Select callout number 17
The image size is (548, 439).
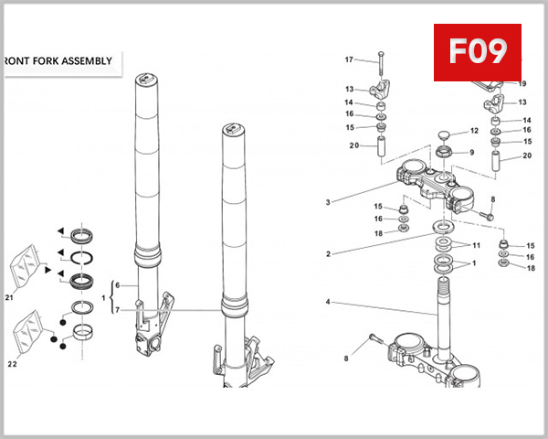coord(348,59)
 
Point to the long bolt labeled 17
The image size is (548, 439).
coord(381,70)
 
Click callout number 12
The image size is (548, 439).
coord(474,131)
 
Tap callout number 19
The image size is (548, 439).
coord(522,83)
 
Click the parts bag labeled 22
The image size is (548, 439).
coord(29,327)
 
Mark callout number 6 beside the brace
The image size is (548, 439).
coord(116,285)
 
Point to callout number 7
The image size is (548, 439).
coord(116,311)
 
